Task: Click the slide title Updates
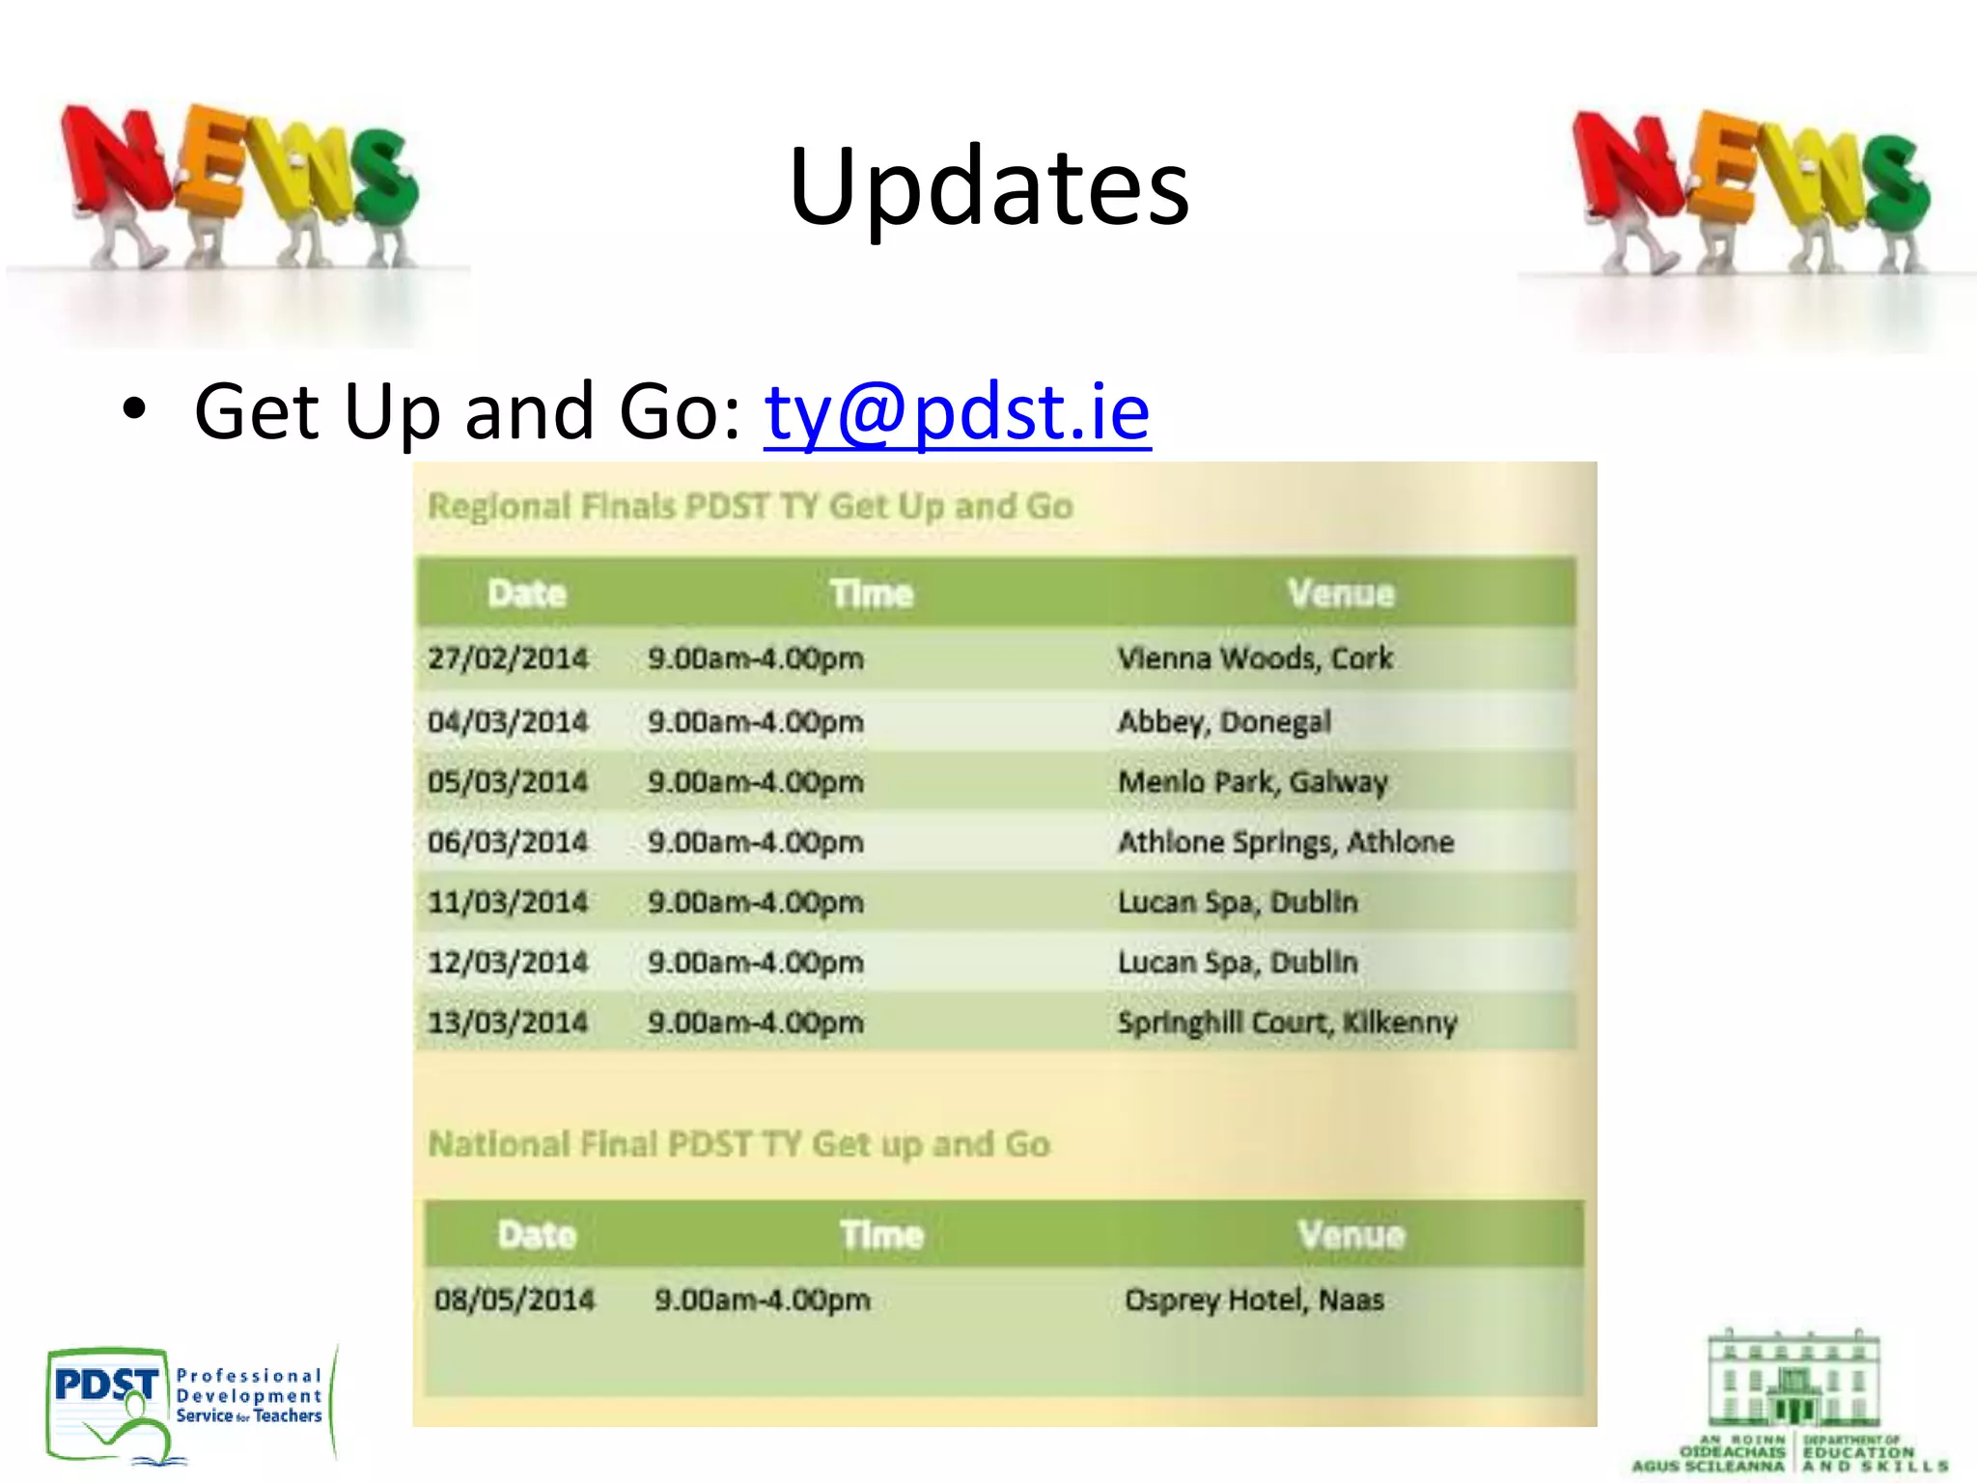point(988,185)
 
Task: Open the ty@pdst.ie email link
point(957,412)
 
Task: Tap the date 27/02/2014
point(508,658)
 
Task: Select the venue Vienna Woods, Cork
point(1255,658)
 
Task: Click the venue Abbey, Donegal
point(1224,721)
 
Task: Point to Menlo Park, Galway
point(1253,782)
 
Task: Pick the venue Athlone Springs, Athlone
point(1286,842)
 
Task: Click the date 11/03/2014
point(508,902)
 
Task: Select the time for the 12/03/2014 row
point(756,963)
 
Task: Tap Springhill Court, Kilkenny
point(1287,1022)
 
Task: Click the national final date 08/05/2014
point(515,1300)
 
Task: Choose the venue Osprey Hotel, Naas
point(1254,1300)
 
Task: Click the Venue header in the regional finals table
point(1341,593)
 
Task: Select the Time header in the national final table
point(881,1235)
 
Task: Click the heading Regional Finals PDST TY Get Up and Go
point(750,506)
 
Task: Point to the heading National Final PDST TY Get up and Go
point(738,1144)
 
